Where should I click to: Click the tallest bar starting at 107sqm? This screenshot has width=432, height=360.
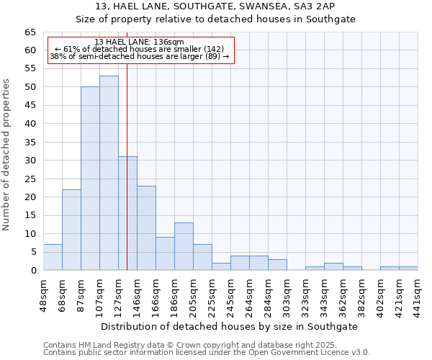109,173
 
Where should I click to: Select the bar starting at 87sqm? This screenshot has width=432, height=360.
90,179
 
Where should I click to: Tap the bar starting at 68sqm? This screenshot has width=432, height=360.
71,230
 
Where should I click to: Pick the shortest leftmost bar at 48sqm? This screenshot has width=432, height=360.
53,257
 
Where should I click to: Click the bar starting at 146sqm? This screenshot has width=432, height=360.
146,228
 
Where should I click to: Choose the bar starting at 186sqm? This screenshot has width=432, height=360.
184,246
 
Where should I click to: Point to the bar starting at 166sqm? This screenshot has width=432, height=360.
165,253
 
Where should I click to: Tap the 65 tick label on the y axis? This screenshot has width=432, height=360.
30,32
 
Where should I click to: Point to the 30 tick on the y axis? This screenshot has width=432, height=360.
30,161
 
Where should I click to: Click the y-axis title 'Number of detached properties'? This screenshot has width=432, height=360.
6,155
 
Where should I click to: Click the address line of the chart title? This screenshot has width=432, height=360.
215,6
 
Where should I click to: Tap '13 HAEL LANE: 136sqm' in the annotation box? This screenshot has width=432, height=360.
140,42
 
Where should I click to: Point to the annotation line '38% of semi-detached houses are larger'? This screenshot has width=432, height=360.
140,57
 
